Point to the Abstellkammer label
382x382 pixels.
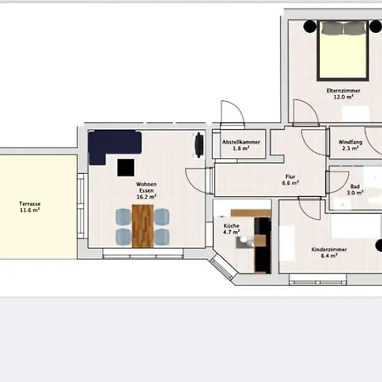[x=241, y=142]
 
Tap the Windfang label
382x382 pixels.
[x=350, y=142]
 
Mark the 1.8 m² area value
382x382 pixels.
[x=241, y=149]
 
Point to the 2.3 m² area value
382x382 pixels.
[x=350, y=149]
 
